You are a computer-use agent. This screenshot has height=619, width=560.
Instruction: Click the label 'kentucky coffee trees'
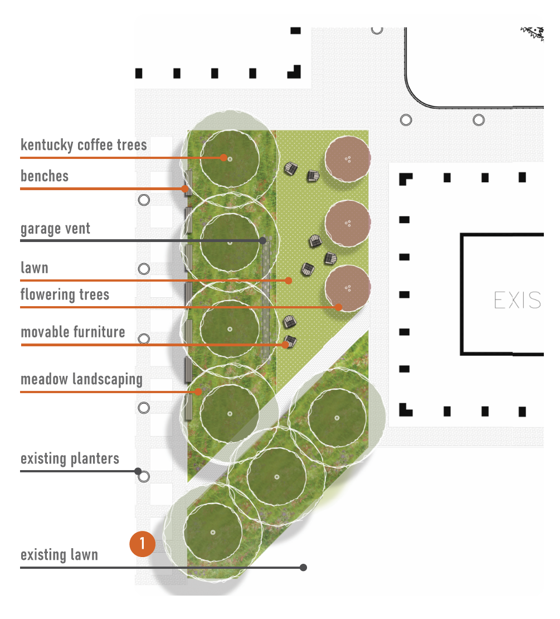[84, 145]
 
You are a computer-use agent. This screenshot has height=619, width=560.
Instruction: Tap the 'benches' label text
[45, 176]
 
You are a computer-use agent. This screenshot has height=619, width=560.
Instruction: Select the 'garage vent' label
[55, 229]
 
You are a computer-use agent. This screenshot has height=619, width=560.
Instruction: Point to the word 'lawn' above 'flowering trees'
[35, 268]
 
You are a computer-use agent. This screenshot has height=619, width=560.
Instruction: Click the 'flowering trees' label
[65, 294]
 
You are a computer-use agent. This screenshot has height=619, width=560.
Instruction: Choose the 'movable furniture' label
[72, 332]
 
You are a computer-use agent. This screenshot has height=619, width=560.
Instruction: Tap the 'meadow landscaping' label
[81, 380]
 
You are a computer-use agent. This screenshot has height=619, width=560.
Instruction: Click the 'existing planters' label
[70, 460]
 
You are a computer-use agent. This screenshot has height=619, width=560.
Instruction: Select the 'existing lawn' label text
[59, 555]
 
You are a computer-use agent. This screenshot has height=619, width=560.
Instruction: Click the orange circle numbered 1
[142, 544]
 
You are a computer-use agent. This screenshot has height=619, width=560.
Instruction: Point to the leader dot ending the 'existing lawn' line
[303, 568]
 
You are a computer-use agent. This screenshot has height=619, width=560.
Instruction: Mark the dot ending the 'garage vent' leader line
[262, 240]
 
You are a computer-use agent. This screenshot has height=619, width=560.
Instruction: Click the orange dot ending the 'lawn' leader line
[289, 281]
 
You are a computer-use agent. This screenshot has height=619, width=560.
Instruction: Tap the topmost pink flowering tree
[348, 159]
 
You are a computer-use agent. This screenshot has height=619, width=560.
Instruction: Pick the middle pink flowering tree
[348, 223]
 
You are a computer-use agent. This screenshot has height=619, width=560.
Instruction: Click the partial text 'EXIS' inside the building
[517, 301]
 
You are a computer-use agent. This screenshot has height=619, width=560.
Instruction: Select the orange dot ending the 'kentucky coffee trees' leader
[223, 158]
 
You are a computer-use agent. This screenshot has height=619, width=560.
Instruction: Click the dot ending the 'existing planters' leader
[138, 471]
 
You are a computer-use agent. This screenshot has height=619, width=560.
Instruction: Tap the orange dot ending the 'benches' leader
[184, 188]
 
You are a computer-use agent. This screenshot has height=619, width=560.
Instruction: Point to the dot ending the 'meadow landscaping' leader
[198, 392]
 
